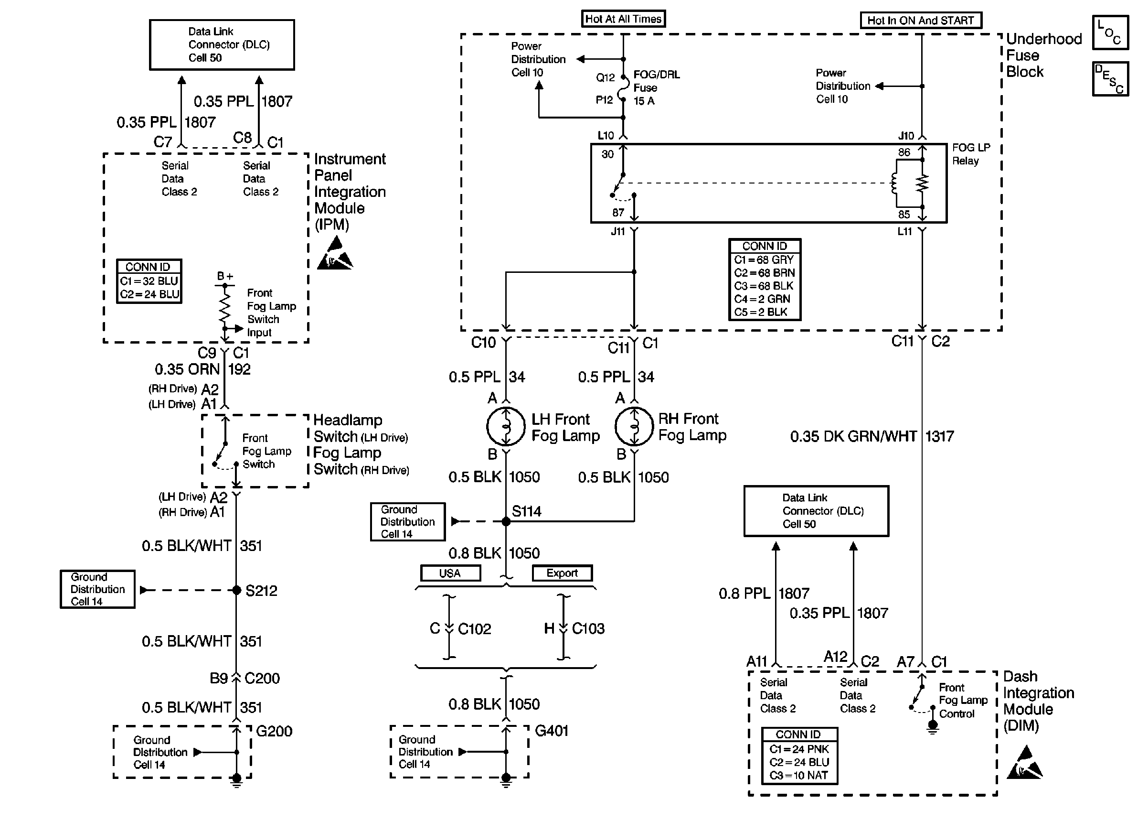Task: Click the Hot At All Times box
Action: (x=623, y=19)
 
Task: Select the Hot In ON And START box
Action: (x=920, y=21)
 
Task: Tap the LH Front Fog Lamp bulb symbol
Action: (x=506, y=426)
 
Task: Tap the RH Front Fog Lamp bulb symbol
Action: (x=634, y=426)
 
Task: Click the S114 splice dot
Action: (x=506, y=521)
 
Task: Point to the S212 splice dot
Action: (x=236, y=590)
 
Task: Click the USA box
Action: (x=450, y=573)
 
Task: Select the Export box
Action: (x=562, y=573)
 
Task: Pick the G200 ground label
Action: (x=274, y=731)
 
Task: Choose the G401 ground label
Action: (x=551, y=731)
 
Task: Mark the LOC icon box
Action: (x=1110, y=32)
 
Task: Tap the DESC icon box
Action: (x=1110, y=79)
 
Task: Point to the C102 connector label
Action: (x=474, y=629)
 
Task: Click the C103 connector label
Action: (x=588, y=628)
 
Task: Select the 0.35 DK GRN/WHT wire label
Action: (x=853, y=436)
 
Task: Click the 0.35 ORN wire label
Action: (x=187, y=369)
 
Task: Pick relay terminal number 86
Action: (x=904, y=152)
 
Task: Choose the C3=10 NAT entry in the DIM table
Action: (x=798, y=776)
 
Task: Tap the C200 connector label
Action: (x=262, y=679)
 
